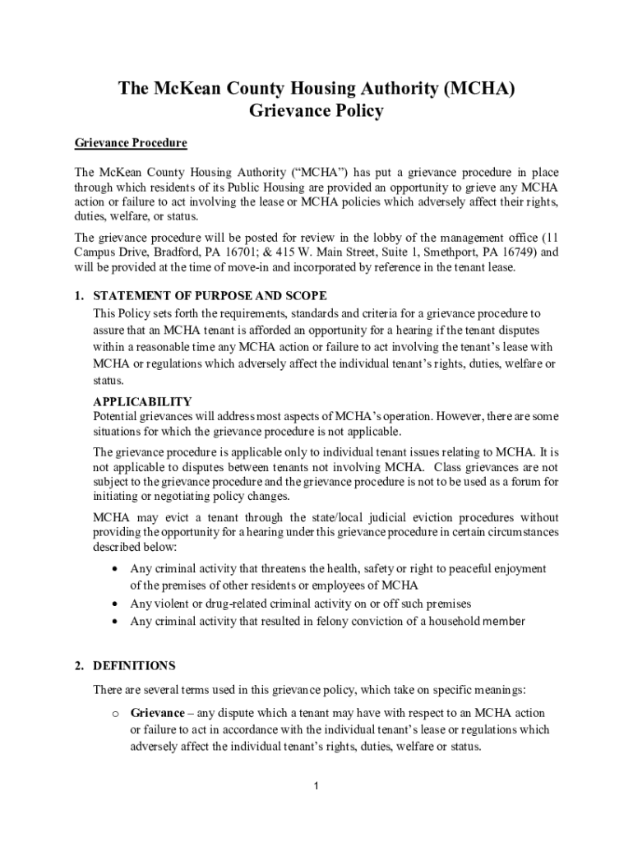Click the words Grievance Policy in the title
(316, 111)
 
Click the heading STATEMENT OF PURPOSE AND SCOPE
(210, 296)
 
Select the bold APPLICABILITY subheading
(142, 402)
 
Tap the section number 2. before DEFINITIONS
(79, 666)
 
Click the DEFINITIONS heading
(134, 666)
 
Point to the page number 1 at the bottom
(316, 787)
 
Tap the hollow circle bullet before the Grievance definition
(113, 714)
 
